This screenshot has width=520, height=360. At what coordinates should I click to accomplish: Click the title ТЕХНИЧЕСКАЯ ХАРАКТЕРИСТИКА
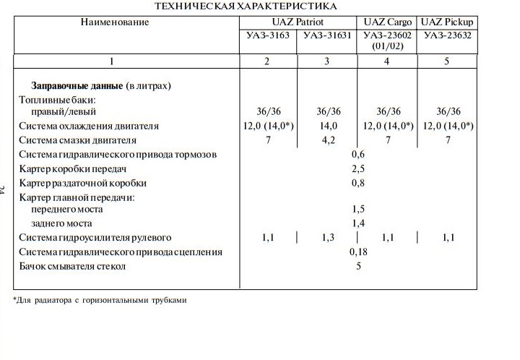click(x=246, y=6)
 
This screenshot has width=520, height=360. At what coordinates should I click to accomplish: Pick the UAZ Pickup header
click(x=447, y=22)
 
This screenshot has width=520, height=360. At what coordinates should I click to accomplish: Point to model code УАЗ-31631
click(x=327, y=35)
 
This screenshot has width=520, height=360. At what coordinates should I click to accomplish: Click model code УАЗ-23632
click(x=447, y=35)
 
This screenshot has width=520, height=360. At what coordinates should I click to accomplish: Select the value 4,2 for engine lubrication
click(x=327, y=140)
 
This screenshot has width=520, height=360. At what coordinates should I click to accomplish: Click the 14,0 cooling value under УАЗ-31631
click(x=327, y=126)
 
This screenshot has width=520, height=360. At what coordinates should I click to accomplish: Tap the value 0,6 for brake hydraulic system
click(x=357, y=154)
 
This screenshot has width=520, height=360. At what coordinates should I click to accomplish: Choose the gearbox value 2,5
click(x=357, y=168)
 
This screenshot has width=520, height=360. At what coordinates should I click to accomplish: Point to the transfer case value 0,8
click(x=357, y=183)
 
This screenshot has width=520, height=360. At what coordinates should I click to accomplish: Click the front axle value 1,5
click(x=357, y=210)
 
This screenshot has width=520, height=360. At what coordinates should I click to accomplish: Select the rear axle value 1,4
click(x=357, y=223)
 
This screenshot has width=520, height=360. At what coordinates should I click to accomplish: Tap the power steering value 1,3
click(x=327, y=237)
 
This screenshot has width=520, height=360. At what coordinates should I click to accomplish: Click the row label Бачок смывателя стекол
click(x=72, y=266)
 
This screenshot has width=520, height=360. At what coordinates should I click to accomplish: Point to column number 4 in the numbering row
click(x=387, y=61)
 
